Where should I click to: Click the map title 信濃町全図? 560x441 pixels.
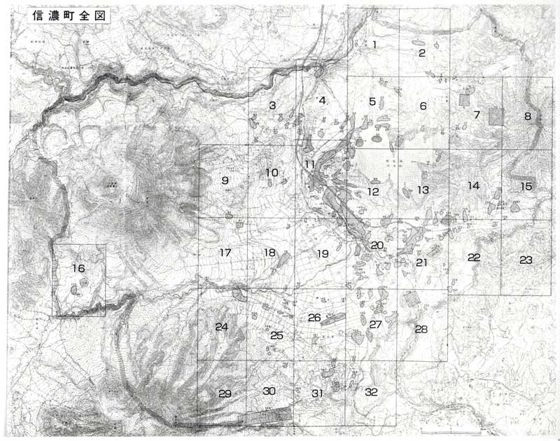(69, 17)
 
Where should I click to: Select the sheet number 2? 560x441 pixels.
(422, 52)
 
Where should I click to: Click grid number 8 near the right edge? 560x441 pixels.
(528, 116)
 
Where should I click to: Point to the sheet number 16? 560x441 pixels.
(78, 267)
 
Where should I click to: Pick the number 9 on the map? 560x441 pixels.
(225, 181)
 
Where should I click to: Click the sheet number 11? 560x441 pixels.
(309, 164)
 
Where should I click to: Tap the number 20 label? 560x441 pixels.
(377, 245)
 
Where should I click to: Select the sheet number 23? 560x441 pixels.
(526, 260)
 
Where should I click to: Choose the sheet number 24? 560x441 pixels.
(222, 327)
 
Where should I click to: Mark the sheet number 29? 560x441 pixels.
(224, 394)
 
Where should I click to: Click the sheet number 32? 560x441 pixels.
(371, 392)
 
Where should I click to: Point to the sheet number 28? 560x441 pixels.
(421, 329)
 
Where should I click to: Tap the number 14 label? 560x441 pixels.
(474, 185)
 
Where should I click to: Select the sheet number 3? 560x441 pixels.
(272, 106)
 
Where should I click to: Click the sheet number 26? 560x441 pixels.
(314, 318)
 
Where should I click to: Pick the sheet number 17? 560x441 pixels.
(225, 252)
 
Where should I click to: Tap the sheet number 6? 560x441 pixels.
(423, 106)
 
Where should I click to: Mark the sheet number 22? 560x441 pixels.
(474, 258)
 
